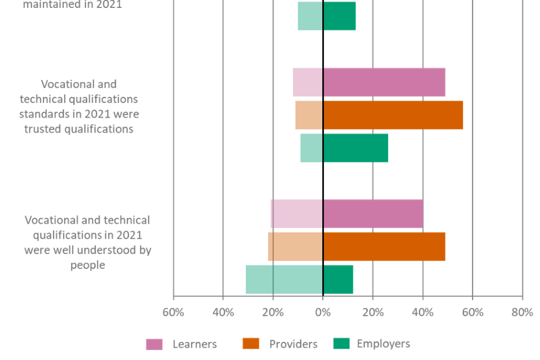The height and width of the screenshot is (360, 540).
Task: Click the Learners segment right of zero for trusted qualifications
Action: (384, 82)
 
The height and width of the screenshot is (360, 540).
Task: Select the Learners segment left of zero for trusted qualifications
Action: (307, 82)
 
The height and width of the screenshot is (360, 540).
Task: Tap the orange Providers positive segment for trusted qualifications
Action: (393, 115)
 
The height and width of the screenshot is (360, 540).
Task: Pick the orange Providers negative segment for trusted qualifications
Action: (308, 115)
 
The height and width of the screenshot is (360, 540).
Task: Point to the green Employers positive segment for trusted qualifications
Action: (355, 148)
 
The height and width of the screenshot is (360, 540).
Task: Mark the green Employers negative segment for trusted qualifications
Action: (311, 148)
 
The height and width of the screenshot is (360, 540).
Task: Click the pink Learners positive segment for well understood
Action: (373, 214)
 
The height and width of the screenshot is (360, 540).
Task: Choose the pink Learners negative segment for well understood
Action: (296, 214)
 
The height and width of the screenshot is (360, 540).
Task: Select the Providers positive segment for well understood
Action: (384, 246)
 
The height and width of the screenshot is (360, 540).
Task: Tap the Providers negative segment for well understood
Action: (295, 246)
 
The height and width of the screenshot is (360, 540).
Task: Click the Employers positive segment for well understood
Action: (338, 280)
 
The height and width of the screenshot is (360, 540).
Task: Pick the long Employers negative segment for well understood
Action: (283, 280)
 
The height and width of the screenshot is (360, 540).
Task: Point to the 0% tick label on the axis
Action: (322, 313)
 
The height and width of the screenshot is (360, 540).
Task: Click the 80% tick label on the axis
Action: (522, 313)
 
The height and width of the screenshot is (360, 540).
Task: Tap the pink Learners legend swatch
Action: (154, 344)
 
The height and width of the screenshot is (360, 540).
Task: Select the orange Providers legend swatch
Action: (251, 344)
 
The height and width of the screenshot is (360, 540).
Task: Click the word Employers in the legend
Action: (383, 344)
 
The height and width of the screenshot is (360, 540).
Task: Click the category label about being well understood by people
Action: (88, 242)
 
